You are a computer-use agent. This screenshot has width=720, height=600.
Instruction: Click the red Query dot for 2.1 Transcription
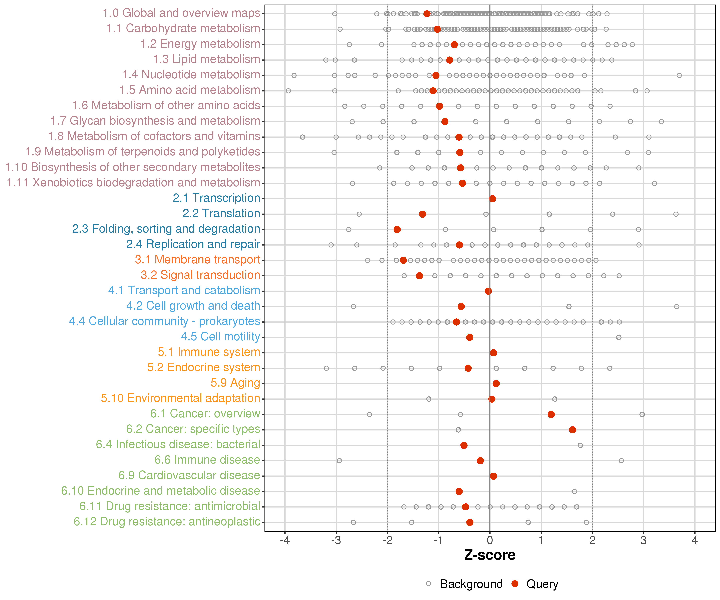coord(492,199)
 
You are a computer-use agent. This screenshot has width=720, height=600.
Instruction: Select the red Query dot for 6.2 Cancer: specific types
coord(572,430)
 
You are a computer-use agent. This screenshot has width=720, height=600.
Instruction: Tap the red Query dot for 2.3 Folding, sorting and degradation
coord(397,229)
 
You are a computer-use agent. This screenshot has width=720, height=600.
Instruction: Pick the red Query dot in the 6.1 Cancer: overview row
coord(551,414)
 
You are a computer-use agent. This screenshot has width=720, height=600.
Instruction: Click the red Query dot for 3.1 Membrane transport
coord(403,260)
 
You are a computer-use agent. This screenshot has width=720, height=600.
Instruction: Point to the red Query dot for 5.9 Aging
coord(496,383)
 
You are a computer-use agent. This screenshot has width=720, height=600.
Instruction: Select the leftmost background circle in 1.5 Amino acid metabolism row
coord(288,91)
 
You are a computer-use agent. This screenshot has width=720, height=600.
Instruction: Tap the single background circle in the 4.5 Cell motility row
coord(619,337)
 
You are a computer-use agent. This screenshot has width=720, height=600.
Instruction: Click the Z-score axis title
coord(490,555)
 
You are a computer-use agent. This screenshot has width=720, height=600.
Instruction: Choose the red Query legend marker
coord(515,584)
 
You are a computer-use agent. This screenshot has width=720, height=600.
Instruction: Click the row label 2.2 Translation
coord(221,214)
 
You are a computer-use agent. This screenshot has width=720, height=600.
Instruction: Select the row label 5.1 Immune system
coord(209,352)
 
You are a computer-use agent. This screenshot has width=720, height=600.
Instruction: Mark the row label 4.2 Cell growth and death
coord(193,306)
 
